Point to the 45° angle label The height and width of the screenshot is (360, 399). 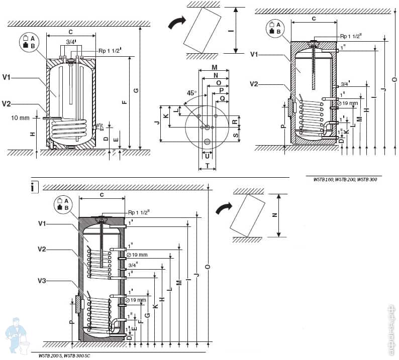[191, 93]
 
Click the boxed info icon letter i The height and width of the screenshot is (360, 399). [33, 187]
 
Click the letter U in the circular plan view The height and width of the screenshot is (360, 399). [208, 156]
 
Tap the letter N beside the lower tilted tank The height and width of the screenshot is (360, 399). [274, 214]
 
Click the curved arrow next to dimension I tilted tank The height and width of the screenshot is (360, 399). [176, 23]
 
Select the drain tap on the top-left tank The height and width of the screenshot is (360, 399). [101, 127]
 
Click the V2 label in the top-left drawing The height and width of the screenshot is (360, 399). [7, 104]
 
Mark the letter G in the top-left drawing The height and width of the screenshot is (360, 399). [136, 90]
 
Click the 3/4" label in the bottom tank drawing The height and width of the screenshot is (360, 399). [133, 264]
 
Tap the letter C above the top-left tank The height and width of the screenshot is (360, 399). [70, 32]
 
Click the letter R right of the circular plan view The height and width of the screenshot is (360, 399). [234, 122]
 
